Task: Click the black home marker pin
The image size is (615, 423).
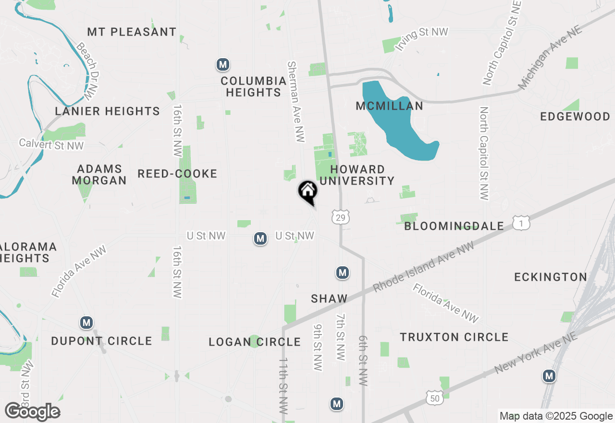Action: pyautogui.click(x=308, y=192)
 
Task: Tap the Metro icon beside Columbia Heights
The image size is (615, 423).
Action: pyautogui.click(x=222, y=64)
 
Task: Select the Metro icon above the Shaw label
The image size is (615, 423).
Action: pyautogui.click(x=342, y=273)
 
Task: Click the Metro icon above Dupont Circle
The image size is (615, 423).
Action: pyautogui.click(x=86, y=323)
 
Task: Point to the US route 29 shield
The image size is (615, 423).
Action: pyautogui.click(x=340, y=218)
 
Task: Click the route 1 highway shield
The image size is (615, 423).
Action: pyautogui.click(x=521, y=223)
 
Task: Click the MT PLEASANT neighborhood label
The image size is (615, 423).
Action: pyautogui.click(x=132, y=32)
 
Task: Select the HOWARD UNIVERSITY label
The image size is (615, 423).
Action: pyautogui.click(x=357, y=175)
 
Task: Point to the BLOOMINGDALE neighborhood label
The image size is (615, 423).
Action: pyautogui.click(x=454, y=226)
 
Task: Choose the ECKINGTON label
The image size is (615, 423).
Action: pyautogui.click(x=551, y=277)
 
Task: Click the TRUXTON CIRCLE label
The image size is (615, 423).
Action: pyautogui.click(x=454, y=337)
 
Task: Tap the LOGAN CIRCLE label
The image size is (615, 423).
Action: pyautogui.click(x=255, y=342)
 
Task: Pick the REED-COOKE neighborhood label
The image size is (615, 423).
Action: pyautogui.click(x=177, y=174)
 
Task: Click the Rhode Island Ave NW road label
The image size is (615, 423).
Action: pyautogui.click(x=423, y=267)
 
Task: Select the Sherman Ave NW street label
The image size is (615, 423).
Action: pyautogui.click(x=295, y=101)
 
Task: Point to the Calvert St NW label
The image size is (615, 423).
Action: pyautogui.click(x=51, y=144)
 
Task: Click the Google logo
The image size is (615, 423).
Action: pyautogui.click(x=32, y=411)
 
